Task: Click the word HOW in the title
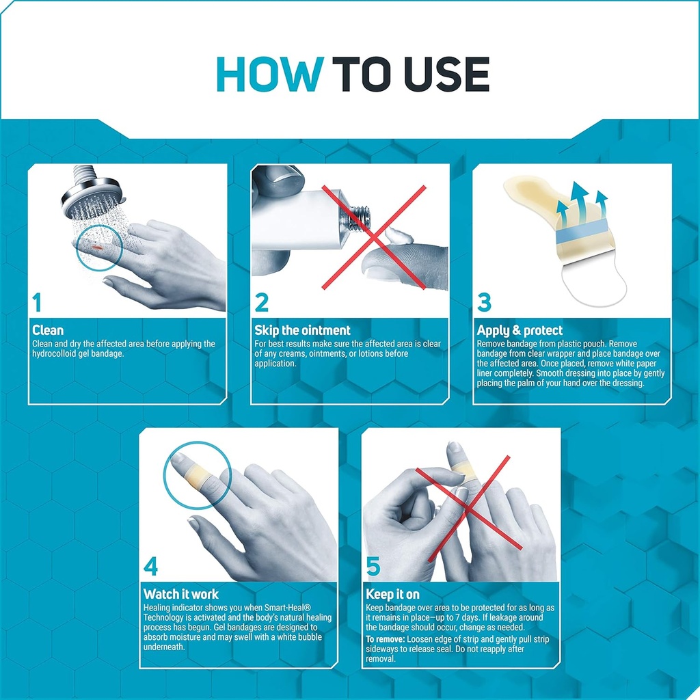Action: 269,75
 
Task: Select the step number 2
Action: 262,301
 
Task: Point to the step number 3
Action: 484,301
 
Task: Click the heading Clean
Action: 48,331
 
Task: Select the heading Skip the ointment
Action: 302,331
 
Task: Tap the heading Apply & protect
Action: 520,331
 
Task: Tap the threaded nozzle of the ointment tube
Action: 359,217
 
